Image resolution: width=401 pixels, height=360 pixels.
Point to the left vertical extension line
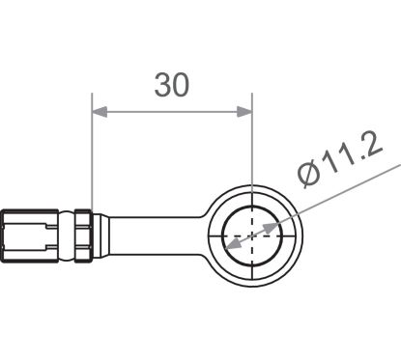(x=92, y=154)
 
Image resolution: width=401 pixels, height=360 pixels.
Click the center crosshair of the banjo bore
(x=251, y=233)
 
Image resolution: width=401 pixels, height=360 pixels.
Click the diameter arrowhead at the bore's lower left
(x=228, y=245)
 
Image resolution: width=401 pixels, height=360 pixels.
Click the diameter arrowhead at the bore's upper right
(x=274, y=221)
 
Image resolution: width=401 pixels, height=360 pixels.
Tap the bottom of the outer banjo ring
(x=251, y=283)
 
